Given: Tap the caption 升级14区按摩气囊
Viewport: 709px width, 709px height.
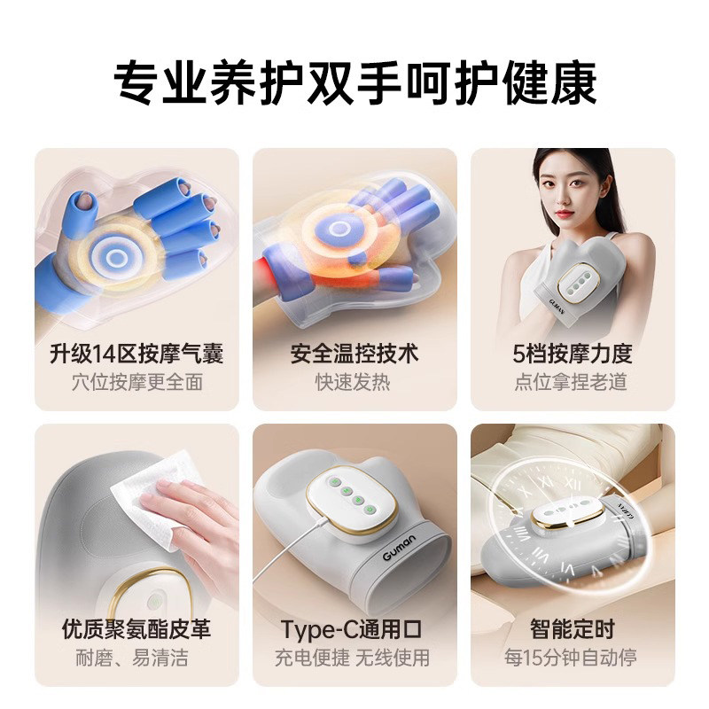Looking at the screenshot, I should (x=136, y=354).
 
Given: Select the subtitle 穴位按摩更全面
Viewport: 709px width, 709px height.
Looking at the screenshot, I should (x=136, y=383).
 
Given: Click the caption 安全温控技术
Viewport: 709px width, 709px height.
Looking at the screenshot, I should (x=354, y=354).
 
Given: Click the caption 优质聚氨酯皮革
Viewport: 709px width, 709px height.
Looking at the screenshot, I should (x=136, y=630).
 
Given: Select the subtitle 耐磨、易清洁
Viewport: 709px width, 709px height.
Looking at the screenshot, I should (x=136, y=658).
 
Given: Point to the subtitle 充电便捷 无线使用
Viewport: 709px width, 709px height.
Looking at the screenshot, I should (x=354, y=658).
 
